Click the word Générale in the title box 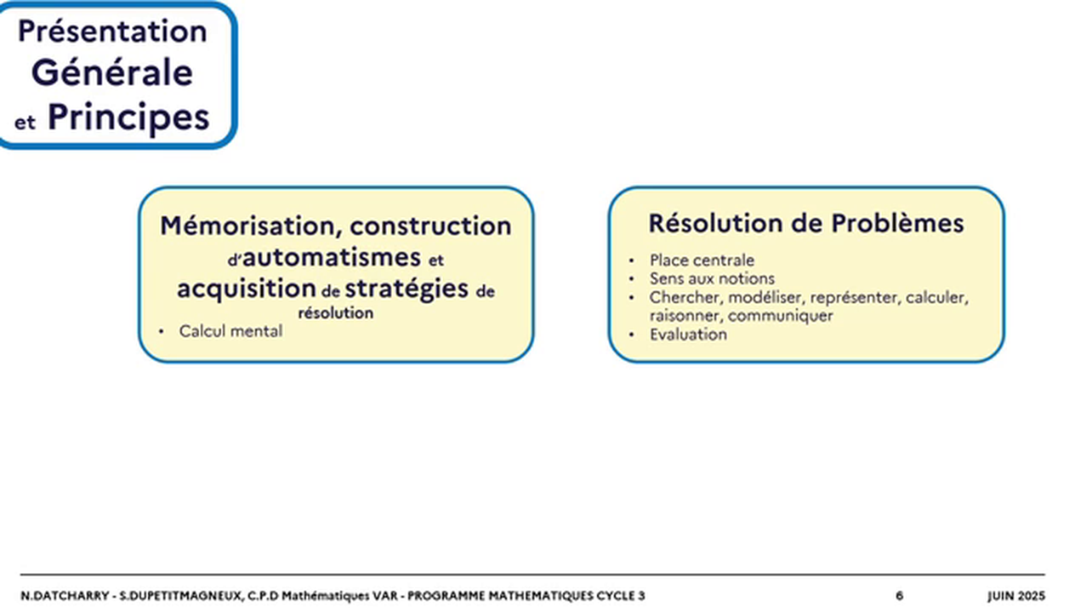[112, 72]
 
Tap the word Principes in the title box [128, 117]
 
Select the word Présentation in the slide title [112, 32]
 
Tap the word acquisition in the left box [246, 289]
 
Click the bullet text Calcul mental [230, 331]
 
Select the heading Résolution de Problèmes [805, 223]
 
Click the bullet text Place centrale [702, 261]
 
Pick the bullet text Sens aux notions [712, 278]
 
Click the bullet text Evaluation [688, 335]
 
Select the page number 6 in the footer [899, 596]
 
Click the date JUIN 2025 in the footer [1016, 596]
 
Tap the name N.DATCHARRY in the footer [64, 596]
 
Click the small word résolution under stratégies [335, 312]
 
